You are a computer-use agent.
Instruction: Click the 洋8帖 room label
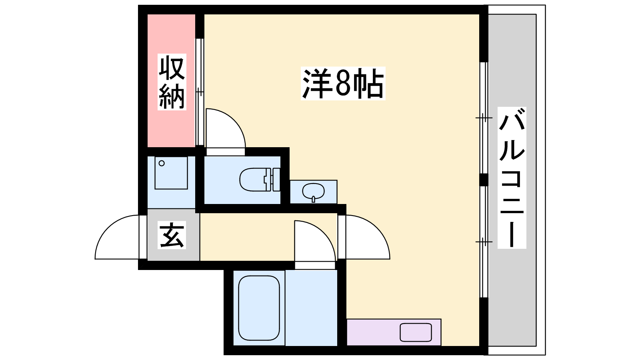(343, 84)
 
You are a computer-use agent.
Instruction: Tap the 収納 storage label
(172, 82)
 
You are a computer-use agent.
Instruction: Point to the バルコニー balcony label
(512, 178)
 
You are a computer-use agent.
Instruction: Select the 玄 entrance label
(172, 235)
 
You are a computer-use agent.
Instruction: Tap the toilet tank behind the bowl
(276, 180)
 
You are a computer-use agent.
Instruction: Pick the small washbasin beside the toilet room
(314, 192)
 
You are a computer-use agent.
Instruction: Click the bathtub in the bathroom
(259, 308)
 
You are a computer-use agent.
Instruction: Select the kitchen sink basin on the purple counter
(416, 332)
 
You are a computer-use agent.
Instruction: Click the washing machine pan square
(171, 172)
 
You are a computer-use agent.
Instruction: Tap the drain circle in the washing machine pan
(162, 164)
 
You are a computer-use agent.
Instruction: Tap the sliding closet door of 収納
(200, 92)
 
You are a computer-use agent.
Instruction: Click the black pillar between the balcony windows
(484, 180)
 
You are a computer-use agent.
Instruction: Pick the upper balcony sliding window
(484, 118)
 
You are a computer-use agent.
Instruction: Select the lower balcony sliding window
(484, 242)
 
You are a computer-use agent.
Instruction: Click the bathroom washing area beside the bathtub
(311, 308)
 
